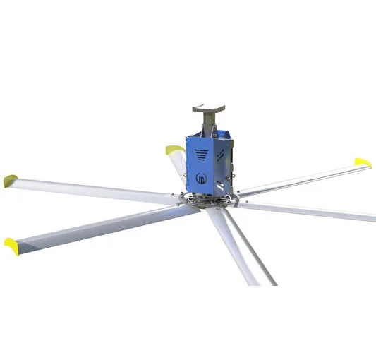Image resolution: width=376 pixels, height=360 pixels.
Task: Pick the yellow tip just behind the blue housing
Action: [173, 150]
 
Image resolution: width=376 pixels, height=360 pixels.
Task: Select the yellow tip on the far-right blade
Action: [363, 163]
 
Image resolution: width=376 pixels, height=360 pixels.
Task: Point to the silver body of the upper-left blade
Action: [92, 189]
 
